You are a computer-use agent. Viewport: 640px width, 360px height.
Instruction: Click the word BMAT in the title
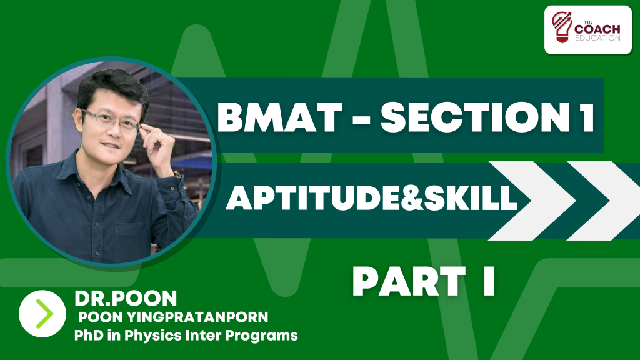pos(280,117)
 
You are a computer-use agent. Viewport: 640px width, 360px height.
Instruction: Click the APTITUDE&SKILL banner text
pos(372,198)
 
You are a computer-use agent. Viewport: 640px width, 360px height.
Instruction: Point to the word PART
pos(409,281)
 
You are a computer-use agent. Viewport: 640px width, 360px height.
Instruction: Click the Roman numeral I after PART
pos(489,281)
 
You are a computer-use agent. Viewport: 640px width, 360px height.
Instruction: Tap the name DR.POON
pos(126,298)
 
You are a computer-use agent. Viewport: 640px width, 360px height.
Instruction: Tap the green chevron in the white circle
pos(44,314)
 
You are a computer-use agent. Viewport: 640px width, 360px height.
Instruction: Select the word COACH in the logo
pos(597,29)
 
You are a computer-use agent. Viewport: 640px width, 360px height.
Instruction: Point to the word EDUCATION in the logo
pos(597,38)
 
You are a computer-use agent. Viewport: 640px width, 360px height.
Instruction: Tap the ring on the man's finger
pos(160,134)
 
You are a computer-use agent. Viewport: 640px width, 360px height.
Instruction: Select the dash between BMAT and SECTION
pos(361,119)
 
